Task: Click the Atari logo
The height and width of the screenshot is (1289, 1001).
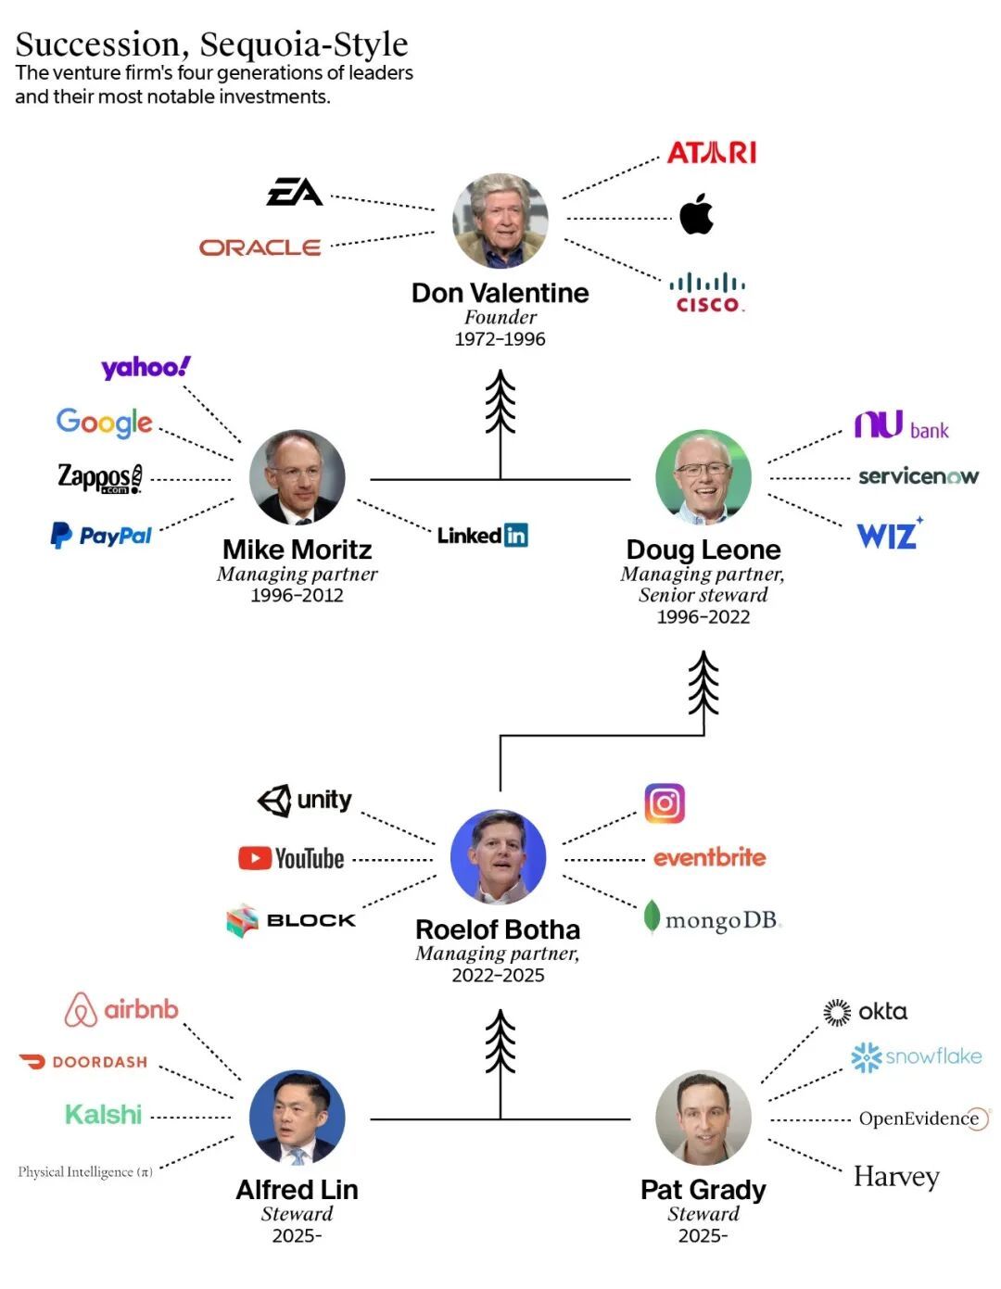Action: pyautogui.click(x=711, y=153)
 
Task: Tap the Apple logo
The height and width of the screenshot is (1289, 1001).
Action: pyautogui.click(x=696, y=213)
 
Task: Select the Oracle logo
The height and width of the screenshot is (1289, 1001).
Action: pyautogui.click(x=260, y=247)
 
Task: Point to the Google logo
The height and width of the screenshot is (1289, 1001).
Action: pyautogui.click(x=105, y=423)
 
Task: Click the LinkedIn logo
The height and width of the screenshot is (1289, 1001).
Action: pyautogui.click(x=483, y=535)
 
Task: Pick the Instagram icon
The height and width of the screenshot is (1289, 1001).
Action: pyautogui.click(x=665, y=803)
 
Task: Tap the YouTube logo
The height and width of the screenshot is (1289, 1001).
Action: pyautogui.click(x=291, y=858)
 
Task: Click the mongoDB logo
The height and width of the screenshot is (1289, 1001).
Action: pyautogui.click(x=712, y=919)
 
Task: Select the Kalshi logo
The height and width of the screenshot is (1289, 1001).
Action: pyautogui.click(x=104, y=1115)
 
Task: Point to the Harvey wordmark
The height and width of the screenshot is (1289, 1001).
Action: pyautogui.click(x=896, y=1177)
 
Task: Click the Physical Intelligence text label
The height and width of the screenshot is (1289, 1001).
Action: pyautogui.click(x=85, y=1171)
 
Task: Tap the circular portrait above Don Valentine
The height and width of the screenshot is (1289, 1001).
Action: pyautogui.click(x=500, y=221)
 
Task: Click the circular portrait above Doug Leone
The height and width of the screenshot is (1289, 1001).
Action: pyautogui.click(x=703, y=477)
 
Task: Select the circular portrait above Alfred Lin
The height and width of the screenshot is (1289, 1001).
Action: pyautogui.click(x=298, y=1118)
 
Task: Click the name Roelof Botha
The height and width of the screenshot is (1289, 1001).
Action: pyautogui.click(x=498, y=929)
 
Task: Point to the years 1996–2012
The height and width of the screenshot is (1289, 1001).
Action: pyautogui.click(x=298, y=595)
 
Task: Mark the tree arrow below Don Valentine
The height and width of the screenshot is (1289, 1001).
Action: pyautogui.click(x=500, y=424)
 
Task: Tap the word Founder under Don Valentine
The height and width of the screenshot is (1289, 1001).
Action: pyautogui.click(x=500, y=317)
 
